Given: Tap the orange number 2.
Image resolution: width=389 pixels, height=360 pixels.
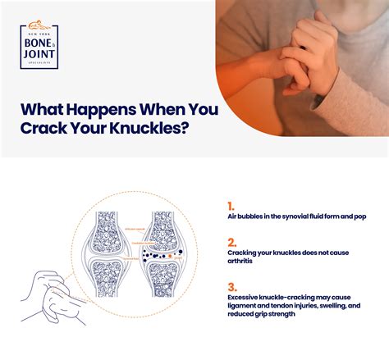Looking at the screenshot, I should pyautogui.click(x=231, y=242).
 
